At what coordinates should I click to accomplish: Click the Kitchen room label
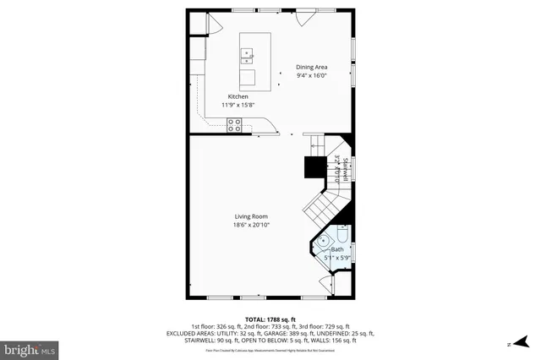238,96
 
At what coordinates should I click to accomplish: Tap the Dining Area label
311,68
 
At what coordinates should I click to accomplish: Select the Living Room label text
251,217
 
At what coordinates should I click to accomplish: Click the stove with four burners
234,125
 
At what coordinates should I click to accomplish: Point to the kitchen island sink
249,57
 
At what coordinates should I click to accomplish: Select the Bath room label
337,249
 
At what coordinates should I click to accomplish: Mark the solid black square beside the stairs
315,166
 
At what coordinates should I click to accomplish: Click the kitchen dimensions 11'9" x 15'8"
238,105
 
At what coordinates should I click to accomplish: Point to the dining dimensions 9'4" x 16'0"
311,76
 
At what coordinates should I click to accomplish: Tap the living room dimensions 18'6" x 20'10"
251,225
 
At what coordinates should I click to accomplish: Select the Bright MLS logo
30,347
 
